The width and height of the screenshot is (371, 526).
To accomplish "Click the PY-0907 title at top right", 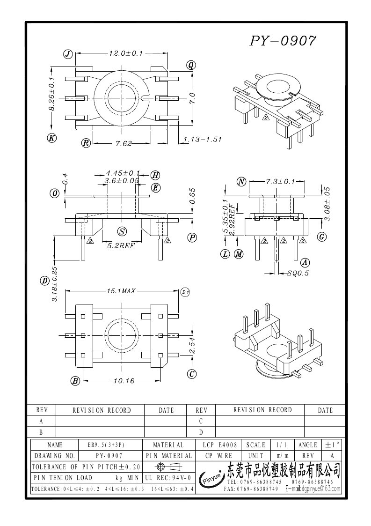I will tap(283, 41).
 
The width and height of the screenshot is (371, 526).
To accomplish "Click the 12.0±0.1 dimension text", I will tap(125, 53).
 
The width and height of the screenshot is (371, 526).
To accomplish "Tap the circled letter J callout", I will tap(68, 54).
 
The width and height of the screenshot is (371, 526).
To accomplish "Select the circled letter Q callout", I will tap(191, 65).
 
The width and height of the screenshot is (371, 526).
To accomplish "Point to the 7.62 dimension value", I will tap(123, 143).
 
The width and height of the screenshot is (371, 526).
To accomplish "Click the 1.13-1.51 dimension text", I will tap(202, 139).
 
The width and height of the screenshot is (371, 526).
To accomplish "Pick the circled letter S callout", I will tap(122, 231).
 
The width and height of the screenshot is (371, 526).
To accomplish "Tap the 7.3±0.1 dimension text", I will tap(280, 181).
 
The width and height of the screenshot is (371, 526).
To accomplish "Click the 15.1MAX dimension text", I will tap(121, 291).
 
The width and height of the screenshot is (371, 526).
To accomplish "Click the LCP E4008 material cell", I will tap(219, 445).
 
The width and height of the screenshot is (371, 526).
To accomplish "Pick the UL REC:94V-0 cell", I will tap(167, 478).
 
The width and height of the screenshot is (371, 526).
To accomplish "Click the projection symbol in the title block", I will tap(168, 467).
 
